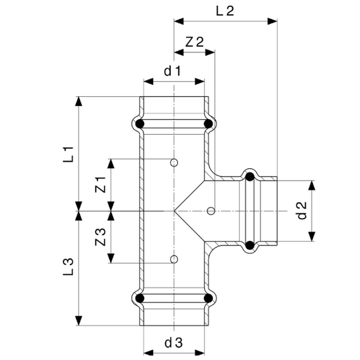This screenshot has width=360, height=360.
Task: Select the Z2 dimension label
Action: (x=194, y=41)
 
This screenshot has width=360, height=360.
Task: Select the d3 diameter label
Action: (x=172, y=343)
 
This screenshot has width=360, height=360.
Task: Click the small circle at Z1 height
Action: (x=174, y=162)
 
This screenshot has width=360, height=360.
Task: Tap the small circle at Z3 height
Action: (x=174, y=260)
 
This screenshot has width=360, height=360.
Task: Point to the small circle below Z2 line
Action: (x=210, y=211)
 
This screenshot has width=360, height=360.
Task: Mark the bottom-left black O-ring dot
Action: (x=139, y=300)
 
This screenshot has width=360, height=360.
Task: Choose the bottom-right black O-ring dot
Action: (x=208, y=300)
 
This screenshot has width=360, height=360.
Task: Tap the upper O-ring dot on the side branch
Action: (x=249, y=176)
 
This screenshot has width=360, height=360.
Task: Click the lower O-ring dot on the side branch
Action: (x=249, y=245)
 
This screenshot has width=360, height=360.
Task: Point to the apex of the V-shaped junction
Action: (x=175, y=211)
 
